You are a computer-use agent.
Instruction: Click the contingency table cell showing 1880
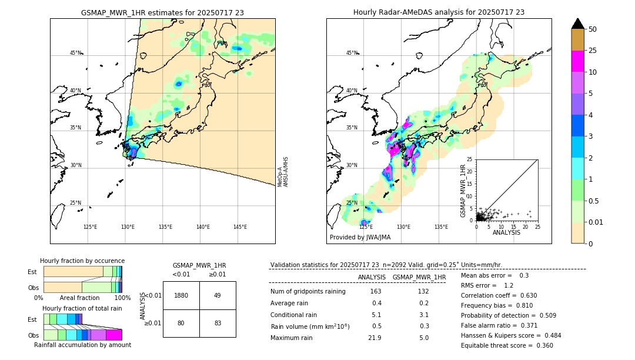click(x=181, y=295)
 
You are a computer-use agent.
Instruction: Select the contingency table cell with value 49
click(x=217, y=295)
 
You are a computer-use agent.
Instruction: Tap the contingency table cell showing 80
click(x=181, y=322)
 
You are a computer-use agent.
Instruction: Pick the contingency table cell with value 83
click(x=217, y=322)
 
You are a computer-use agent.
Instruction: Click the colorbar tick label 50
click(x=593, y=29)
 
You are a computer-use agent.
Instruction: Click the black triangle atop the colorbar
click(x=578, y=24)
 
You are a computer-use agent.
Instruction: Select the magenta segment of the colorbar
click(x=578, y=61)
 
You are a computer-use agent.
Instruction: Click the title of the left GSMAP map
click(x=162, y=12)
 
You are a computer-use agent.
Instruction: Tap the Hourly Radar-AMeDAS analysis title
click(x=439, y=12)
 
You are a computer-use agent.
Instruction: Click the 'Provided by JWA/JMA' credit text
click(x=360, y=237)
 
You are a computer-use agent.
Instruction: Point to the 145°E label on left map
click(x=240, y=227)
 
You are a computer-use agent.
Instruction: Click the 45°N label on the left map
click(x=75, y=53)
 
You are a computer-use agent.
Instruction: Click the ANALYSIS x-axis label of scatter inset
click(x=506, y=232)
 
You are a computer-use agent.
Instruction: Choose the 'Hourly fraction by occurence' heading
click(x=82, y=261)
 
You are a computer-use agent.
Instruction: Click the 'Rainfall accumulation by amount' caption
click(x=83, y=345)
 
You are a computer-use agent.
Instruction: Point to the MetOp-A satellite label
click(x=280, y=177)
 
